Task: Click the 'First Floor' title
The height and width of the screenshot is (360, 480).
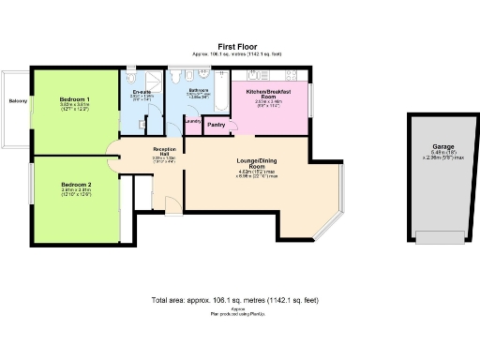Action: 240,46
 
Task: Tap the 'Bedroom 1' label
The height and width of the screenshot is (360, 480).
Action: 75,99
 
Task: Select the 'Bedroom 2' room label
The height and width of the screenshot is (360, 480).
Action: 75,184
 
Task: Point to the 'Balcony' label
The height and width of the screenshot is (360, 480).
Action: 17,100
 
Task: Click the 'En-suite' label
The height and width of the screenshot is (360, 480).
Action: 141,92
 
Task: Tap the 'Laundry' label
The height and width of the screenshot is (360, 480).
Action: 193,121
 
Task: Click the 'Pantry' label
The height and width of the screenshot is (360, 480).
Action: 216,124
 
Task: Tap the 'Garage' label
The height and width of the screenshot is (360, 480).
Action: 442,147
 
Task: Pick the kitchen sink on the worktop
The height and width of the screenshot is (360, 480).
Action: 292,74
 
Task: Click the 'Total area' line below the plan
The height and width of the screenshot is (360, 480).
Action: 234,301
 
